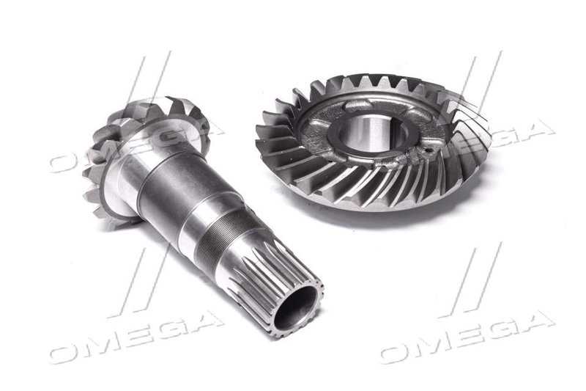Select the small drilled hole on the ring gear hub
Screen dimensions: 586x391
pyautogui.click(x=428, y=152)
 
